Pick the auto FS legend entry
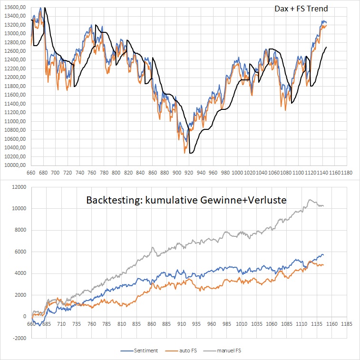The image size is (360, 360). tap(185, 350)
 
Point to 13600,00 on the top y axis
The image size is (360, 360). tap(15, 8)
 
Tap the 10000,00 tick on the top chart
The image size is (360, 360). tap(15, 165)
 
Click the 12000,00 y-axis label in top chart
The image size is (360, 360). tap(15, 78)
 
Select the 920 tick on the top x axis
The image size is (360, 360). tap(189, 173)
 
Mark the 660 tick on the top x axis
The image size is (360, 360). tap(31, 173)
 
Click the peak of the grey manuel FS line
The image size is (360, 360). tap(311, 200)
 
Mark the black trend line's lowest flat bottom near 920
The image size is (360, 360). tap(192, 153)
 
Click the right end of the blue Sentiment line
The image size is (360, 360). tap(323, 255)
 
